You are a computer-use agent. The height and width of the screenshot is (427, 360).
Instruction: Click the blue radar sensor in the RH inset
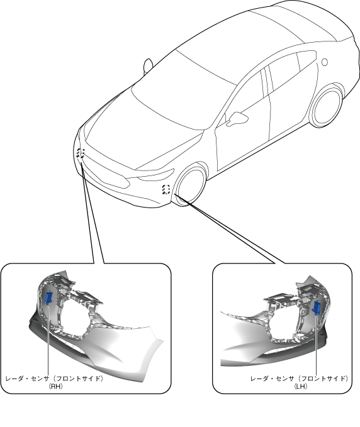click(48, 297)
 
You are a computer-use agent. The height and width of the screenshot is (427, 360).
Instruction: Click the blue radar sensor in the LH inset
click(317, 308)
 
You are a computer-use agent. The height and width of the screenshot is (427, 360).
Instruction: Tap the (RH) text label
click(55, 386)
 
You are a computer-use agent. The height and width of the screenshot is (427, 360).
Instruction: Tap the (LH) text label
click(301, 386)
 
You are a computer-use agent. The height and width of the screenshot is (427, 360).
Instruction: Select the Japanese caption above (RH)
click(55, 379)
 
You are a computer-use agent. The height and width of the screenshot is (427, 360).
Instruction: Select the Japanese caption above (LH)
click(299, 379)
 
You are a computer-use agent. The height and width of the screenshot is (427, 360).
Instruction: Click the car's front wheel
click(190, 185)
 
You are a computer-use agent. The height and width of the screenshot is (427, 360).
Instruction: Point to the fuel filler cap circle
click(324, 62)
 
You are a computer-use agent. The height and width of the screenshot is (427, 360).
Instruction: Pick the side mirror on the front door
click(237, 118)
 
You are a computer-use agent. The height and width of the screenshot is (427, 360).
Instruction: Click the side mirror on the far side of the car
click(148, 65)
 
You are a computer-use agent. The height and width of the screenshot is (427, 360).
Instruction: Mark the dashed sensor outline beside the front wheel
click(166, 189)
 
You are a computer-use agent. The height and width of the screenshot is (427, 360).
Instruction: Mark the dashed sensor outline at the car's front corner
click(81, 153)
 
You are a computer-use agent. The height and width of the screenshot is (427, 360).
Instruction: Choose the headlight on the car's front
click(156, 174)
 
